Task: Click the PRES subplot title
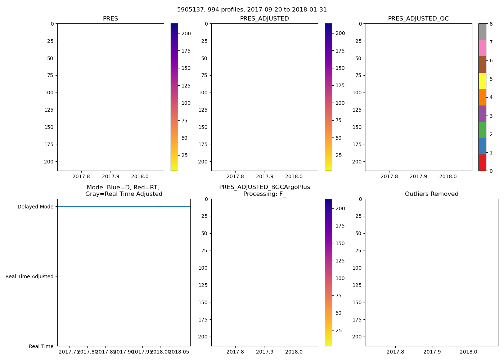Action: pos(110,19)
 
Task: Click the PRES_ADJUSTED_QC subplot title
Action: pos(418,19)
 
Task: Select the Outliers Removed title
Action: pos(431,194)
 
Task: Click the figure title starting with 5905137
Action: pos(252,10)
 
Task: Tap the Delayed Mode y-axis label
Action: pos(35,207)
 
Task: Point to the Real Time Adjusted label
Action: pos(29,276)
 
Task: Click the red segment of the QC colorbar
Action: pos(482,162)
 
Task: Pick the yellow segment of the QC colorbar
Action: pos(482,81)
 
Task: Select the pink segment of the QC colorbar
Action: pos(482,48)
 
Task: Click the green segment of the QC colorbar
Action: pos(482,130)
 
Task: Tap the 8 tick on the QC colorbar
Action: pos(491,24)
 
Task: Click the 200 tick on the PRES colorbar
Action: pos(186,33)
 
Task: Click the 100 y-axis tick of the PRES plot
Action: pos(49,93)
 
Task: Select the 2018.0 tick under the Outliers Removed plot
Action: pos(468,352)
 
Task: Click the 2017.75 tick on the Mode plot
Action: pos(69,352)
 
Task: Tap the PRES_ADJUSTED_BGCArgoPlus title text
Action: pos(264,187)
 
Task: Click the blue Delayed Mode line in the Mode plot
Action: pos(108,207)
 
